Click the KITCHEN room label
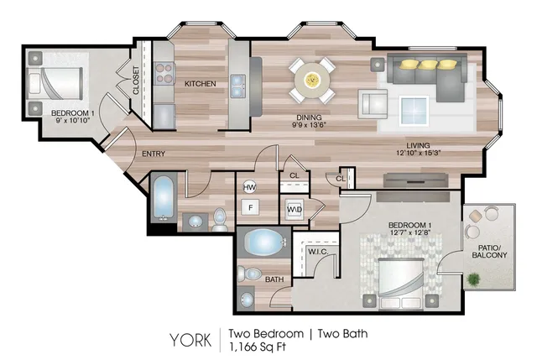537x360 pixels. [x=201, y=84]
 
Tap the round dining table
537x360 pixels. [x=312, y=81]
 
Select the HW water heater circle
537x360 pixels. [x=250, y=187]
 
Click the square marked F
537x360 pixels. [x=251, y=207]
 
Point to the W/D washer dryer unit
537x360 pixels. [x=295, y=209]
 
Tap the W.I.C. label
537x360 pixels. [x=318, y=252]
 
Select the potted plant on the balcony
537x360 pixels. [x=473, y=279]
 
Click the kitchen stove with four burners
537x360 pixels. [x=164, y=73]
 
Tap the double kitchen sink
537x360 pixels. [x=238, y=86]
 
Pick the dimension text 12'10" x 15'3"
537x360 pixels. [x=418, y=153]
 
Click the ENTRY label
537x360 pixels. [x=154, y=154]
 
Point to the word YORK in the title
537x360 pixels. [x=190, y=340]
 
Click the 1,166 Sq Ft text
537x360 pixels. [x=257, y=347]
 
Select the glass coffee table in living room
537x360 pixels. [x=414, y=110]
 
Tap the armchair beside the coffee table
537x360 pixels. [x=373, y=104]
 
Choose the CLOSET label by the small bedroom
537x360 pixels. [x=136, y=81]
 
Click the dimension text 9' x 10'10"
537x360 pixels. [x=73, y=120]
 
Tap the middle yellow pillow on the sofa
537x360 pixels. [x=428, y=64]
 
